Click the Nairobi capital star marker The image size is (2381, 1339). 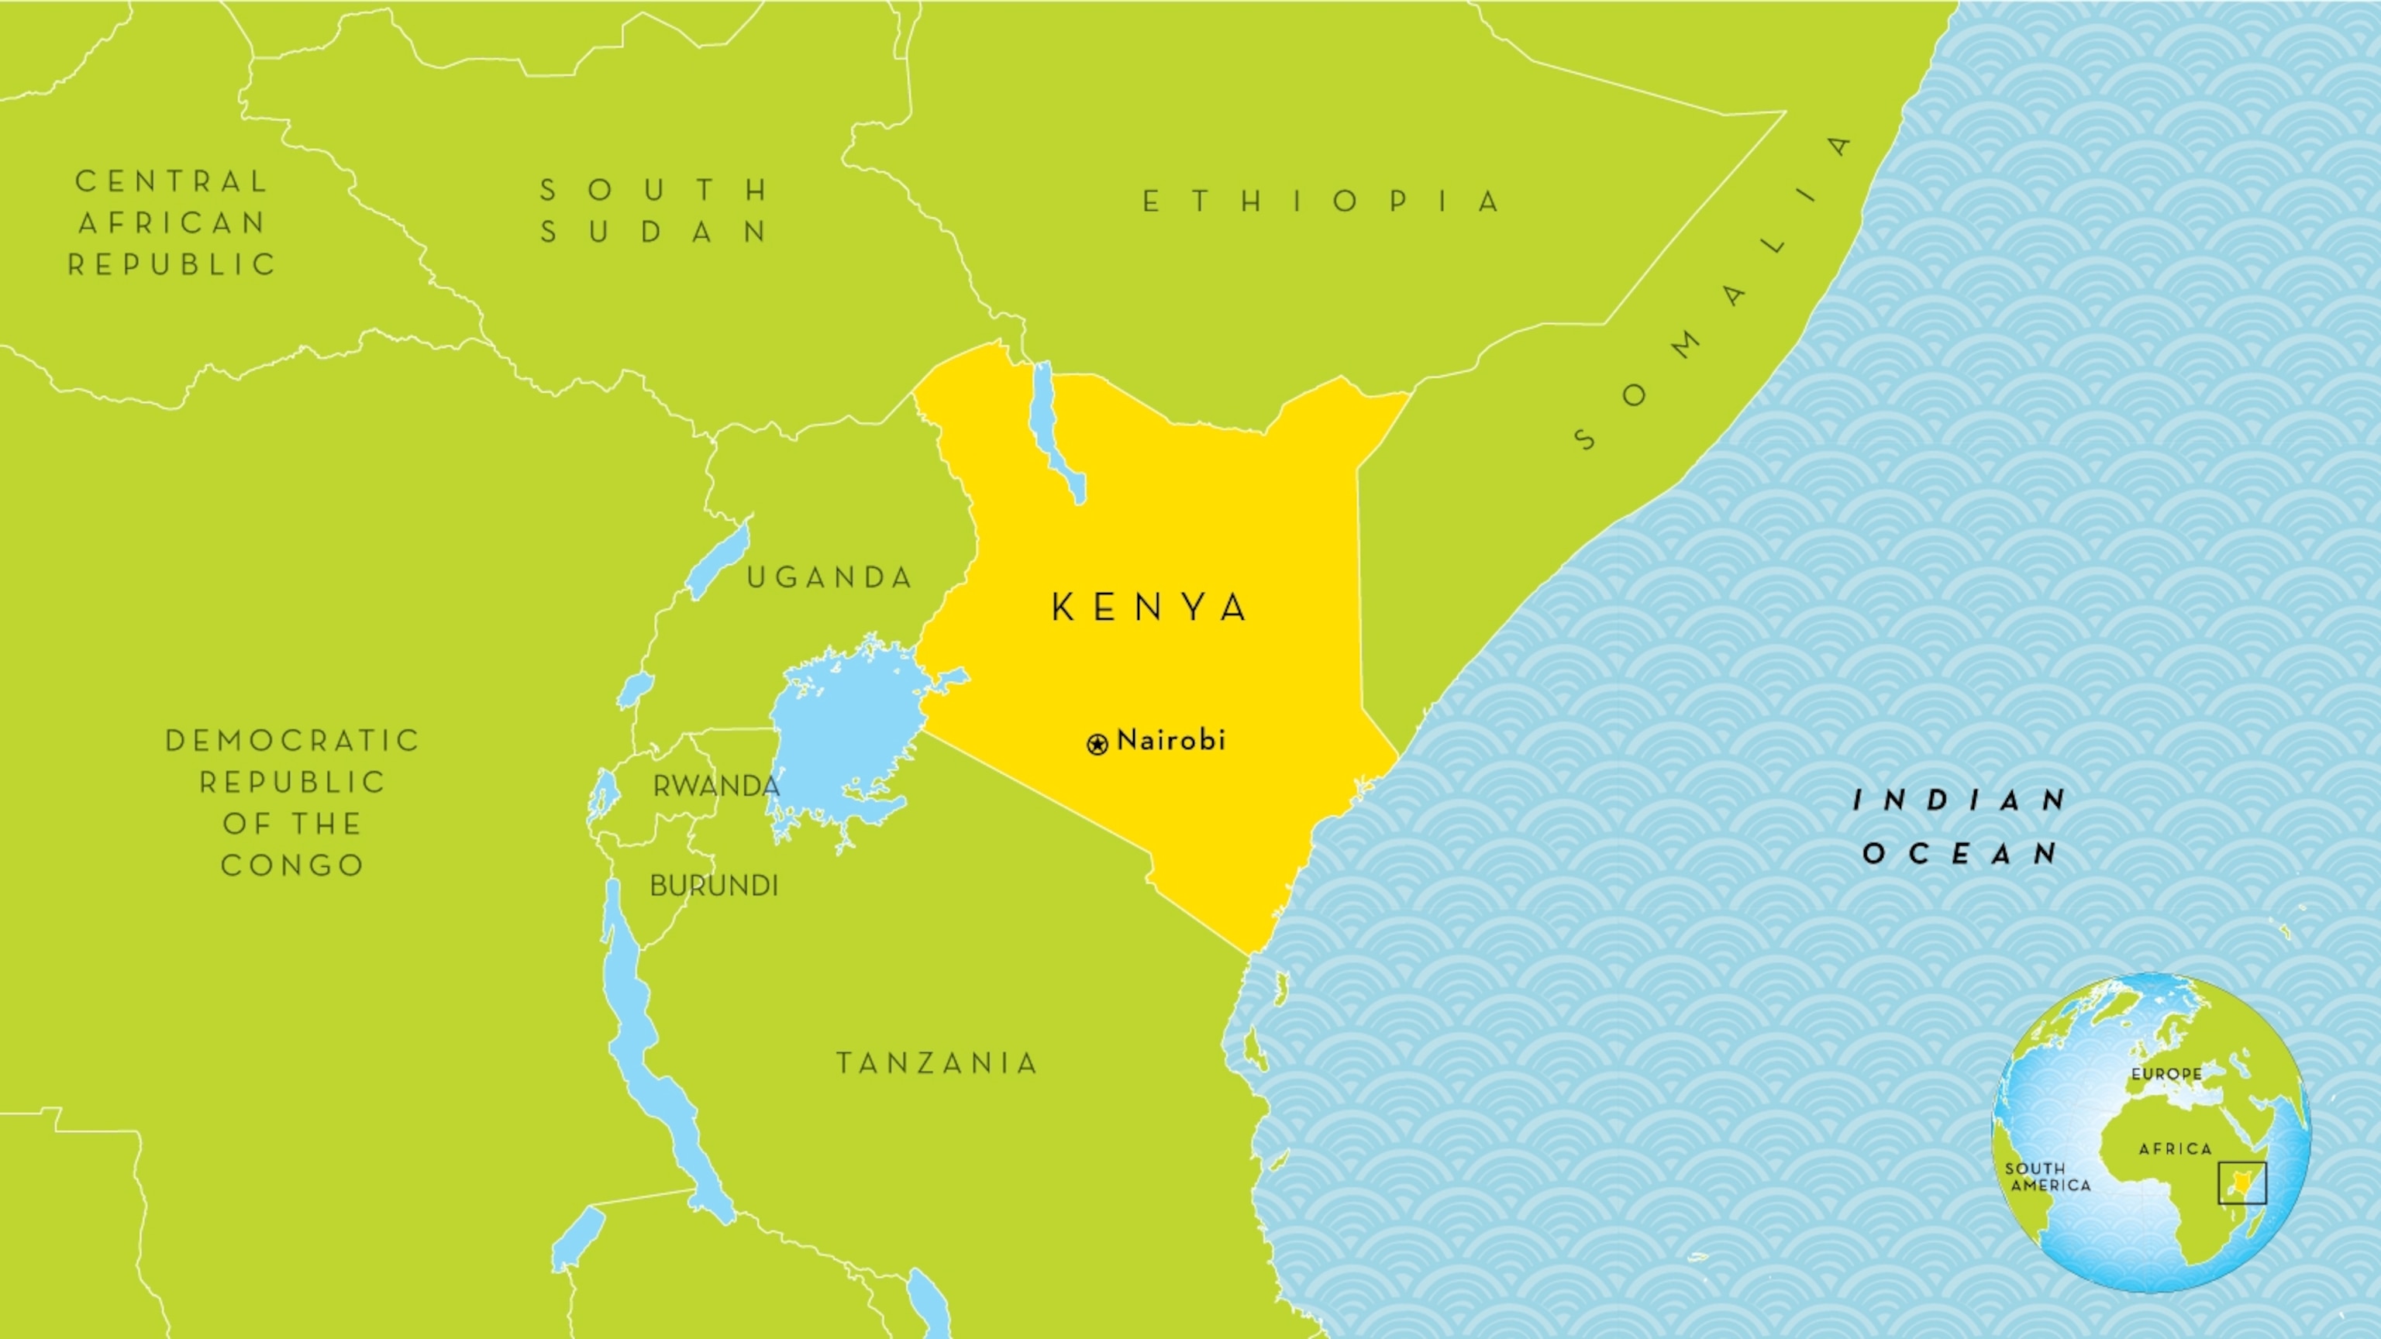[1097, 744]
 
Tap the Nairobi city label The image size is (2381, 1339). [1171, 740]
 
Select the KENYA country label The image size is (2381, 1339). [1151, 608]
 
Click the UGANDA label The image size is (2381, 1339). [830, 577]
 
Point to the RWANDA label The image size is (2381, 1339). [716, 787]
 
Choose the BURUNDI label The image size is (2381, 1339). [714, 885]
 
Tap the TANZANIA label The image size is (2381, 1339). [937, 1064]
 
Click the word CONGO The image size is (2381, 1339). [292, 866]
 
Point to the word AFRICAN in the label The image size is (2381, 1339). [172, 222]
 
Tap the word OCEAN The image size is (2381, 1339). [1960, 853]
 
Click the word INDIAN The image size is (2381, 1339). [1960, 800]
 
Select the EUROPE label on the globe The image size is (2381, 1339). [2166, 1074]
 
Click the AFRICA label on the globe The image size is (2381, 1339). [2176, 1148]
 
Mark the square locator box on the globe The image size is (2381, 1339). [2242, 1182]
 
